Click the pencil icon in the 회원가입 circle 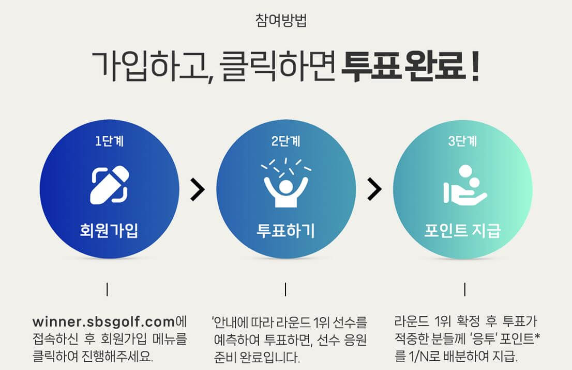coord(109,184)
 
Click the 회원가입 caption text coord(109,230)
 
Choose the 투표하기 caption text coord(286,230)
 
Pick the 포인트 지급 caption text coord(462,230)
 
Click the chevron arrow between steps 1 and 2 coord(197,189)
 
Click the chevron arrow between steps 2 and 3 coord(374,189)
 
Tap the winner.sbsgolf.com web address coord(103,323)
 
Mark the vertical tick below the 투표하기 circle coord(285,289)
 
